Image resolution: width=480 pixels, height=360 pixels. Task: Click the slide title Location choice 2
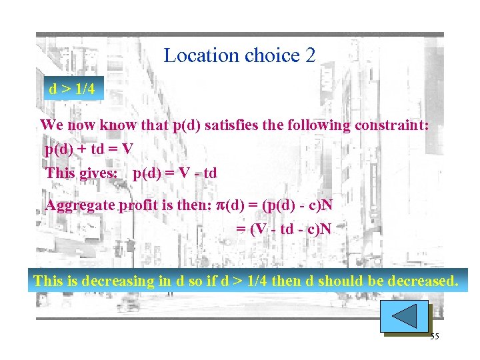[x=239, y=55]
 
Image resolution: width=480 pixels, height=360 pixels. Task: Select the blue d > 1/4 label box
[x=72, y=89]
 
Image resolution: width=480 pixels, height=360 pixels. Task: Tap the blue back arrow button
[x=404, y=316]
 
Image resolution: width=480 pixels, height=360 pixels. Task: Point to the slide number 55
[x=434, y=337]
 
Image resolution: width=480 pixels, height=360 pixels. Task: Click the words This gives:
[x=81, y=173]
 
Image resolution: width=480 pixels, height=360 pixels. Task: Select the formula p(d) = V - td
[x=175, y=173]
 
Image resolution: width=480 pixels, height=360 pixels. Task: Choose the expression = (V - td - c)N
[x=284, y=229]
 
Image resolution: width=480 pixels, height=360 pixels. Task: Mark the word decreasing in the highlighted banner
[x=117, y=281]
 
